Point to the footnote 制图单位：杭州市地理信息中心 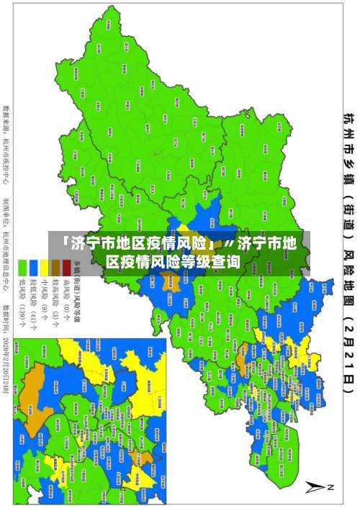[x=8, y=245]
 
